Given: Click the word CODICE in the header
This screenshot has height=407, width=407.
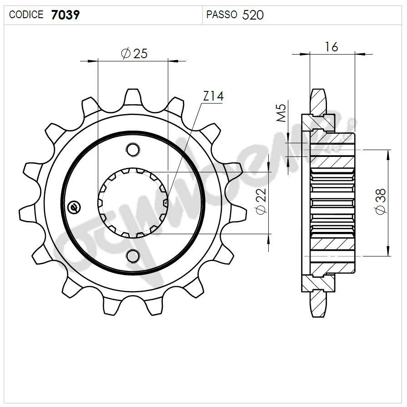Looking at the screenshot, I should point(26,15).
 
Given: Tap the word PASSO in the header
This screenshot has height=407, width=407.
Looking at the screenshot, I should point(221,15).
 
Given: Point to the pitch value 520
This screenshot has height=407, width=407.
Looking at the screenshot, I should point(253,15).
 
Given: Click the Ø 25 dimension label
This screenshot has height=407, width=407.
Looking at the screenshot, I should point(134,53).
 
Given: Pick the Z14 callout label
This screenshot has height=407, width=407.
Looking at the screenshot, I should point(213,96).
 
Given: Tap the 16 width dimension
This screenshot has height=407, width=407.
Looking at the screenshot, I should point(331,46).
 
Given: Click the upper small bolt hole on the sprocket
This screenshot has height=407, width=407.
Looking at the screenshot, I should point(133,149).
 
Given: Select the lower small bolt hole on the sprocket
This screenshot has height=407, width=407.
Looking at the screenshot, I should point(133,256).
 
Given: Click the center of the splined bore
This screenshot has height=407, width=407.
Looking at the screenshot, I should point(133,203).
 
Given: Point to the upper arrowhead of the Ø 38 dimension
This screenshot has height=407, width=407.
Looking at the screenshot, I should point(388,155).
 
